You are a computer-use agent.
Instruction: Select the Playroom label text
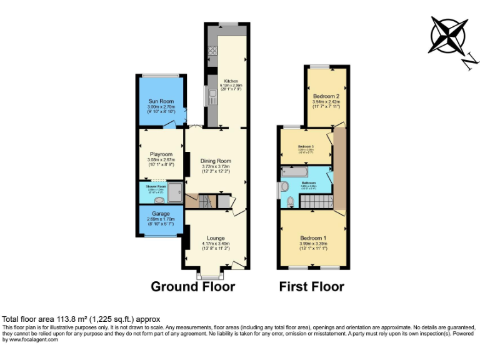point(161,154)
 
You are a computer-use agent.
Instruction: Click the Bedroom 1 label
point(313,238)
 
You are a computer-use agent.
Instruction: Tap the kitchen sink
point(212,96)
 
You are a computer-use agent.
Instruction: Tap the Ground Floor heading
point(192,287)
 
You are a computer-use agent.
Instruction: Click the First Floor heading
point(311,287)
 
